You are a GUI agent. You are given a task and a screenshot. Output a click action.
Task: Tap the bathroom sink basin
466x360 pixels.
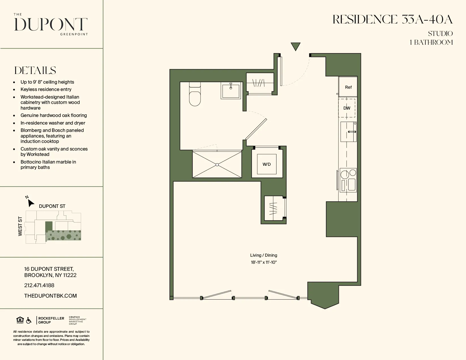(x=231, y=91)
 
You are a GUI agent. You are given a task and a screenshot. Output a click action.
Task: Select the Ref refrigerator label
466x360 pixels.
(x=348, y=87)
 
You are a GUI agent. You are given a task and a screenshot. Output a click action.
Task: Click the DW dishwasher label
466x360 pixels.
(x=347, y=108)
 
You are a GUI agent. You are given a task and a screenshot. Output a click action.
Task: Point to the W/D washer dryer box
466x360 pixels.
(x=267, y=164)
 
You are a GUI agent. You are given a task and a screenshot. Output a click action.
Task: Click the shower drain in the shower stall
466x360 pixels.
(x=217, y=165)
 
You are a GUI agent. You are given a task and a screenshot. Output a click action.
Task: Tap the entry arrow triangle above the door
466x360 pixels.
(x=295, y=46)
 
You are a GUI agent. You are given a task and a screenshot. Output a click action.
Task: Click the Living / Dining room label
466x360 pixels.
(x=264, y=255)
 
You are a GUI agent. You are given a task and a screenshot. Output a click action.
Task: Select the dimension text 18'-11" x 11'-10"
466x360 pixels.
(x=264, y=262)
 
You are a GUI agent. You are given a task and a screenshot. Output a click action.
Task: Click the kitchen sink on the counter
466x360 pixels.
(x=348, y=132)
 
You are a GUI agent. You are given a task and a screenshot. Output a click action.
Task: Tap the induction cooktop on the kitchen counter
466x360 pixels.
(x=348, y=180)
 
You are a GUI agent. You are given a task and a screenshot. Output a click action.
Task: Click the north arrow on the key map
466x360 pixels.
(x=30, y=202)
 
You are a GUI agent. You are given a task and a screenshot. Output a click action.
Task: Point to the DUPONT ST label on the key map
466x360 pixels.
(x=52, y=206)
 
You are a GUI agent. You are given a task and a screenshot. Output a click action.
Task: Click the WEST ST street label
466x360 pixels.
(x=20, y=226)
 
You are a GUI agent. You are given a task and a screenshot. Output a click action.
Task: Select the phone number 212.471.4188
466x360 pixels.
(x=39, y=285)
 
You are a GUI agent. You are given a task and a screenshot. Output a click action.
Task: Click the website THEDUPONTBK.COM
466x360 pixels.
(x=51, y=296)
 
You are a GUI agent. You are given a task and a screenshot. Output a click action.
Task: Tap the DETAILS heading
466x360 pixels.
(x=35, y=71)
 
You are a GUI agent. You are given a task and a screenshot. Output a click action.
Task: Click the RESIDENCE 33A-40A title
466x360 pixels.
(x=393, y=20)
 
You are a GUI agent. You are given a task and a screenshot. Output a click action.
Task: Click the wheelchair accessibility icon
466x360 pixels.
(x=29, y=320)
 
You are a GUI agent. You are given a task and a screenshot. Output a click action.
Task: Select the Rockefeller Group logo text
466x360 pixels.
(x=51, y=320)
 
